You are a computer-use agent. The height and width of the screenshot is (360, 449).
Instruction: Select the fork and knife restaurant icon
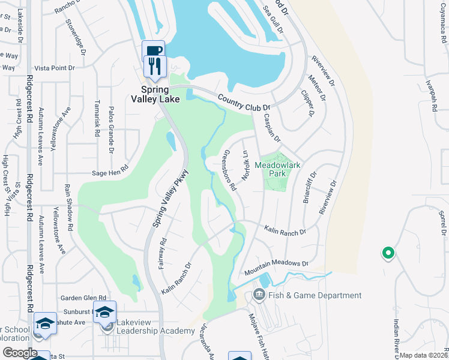pyautogui.click(x=155, y=64)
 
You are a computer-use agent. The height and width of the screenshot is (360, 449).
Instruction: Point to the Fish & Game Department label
pyautogui.click(x=315, y=295)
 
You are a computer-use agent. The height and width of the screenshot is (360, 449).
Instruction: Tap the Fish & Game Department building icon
pyautogui.click(x=259, y=295)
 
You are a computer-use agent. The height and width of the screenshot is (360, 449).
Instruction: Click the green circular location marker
pyautogui.click(x=388, y=254)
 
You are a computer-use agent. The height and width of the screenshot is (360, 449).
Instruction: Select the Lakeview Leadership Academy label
pyautogui.click(x=147, y=331)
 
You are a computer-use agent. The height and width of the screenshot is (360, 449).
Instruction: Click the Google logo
pyautogui.click(x=19, y=353)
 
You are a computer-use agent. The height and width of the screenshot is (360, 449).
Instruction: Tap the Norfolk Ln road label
pyautogui.click(x=245, y=165)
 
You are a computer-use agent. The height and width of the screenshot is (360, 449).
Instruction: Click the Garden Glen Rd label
pyautogui.click(x=83, y=298)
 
